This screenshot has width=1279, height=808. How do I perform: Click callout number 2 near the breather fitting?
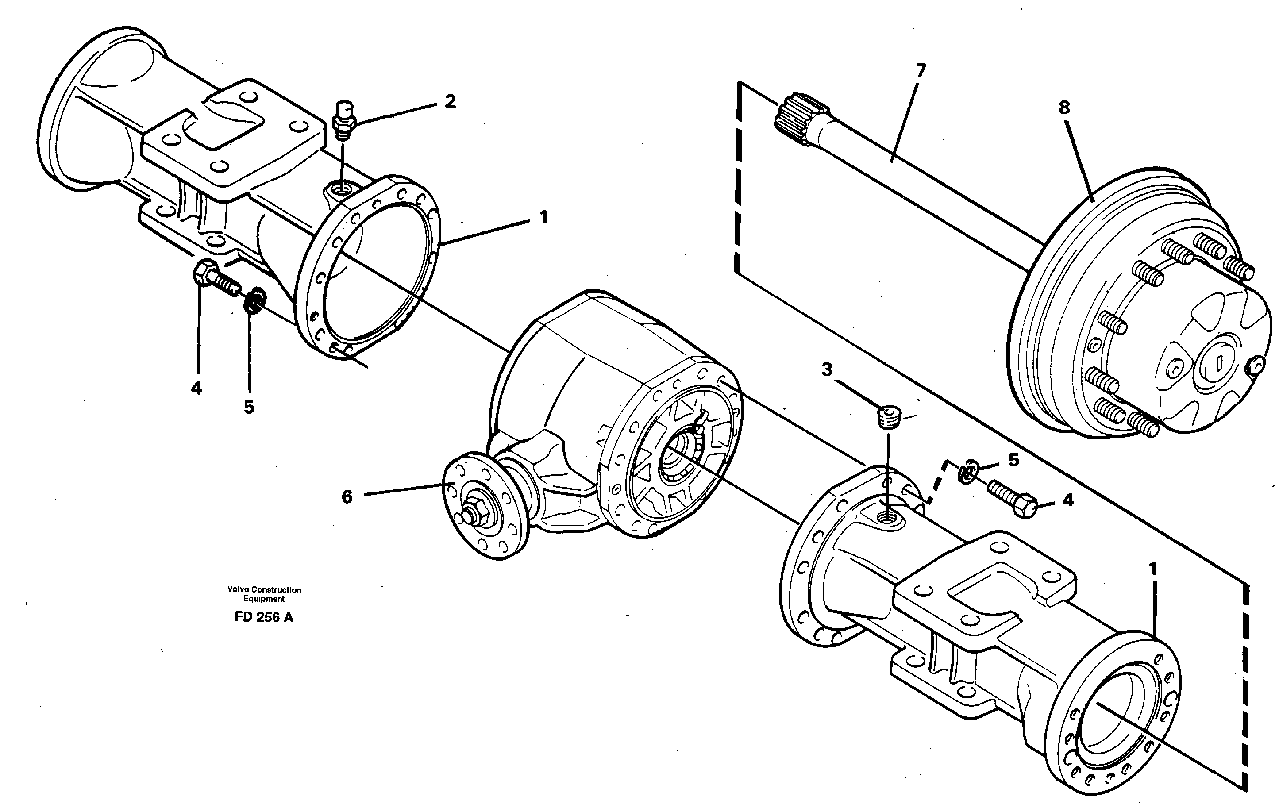(x=450, y=101)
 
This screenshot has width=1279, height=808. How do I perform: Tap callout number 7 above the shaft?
(x=921, y=70)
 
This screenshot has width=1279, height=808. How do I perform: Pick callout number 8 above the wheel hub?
(x=1064, y=108)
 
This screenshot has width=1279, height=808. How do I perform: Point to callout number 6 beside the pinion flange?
(x=347, y=497)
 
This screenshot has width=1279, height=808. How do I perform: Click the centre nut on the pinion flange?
(x=471, y=514)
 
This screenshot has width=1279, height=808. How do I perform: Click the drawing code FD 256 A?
(x=263, y=617)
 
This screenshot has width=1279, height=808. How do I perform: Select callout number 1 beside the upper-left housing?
(x=543, y=218)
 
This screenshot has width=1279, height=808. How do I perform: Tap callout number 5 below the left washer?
(x=249, y=408)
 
